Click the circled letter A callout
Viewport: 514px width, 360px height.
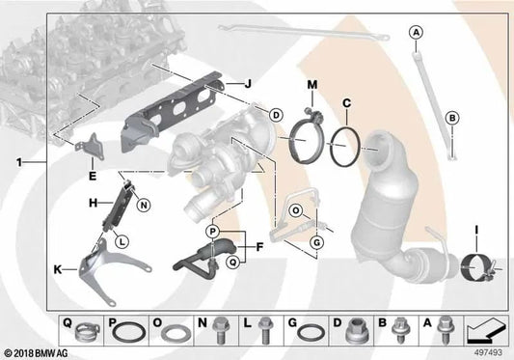coord(416,32)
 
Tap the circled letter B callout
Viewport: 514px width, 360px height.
coord(452,118)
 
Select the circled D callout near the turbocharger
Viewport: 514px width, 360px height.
coord(276,115)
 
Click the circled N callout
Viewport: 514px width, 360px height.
coord(144,206)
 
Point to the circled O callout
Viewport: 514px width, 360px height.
coord(296,210)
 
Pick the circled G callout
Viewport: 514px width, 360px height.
coord(316,243)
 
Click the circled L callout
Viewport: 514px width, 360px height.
coord(122,242)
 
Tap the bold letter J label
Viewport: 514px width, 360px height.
coord(248,84)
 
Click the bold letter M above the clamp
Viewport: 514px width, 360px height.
coord(312,85)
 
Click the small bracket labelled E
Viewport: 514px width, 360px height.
coord(92,147)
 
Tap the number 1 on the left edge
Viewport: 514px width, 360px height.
coord(19,162)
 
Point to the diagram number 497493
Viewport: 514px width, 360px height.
coord(488,352)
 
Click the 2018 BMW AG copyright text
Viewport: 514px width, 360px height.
coord(37,353)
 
